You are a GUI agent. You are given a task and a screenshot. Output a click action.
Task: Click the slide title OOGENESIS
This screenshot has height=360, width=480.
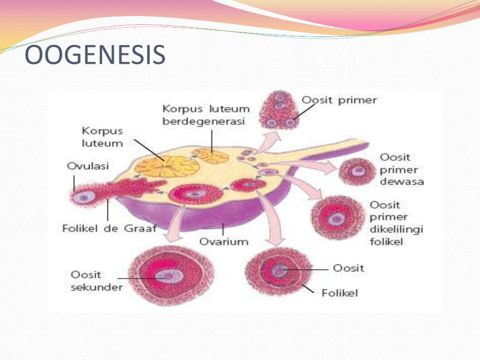[x=95, y=55]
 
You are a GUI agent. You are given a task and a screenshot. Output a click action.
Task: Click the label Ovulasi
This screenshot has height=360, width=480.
[x=88, y=166]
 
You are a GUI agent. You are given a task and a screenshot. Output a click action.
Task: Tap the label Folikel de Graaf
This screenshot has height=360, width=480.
[x=109, y=228]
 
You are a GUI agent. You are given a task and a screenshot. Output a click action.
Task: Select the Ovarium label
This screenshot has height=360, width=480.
[x=224, y=241]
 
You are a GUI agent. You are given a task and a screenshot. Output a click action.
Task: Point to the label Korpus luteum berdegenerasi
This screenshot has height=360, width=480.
[x=206, y=115]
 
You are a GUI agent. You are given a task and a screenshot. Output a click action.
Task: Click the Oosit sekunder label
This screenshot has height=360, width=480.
[x=97, y=281]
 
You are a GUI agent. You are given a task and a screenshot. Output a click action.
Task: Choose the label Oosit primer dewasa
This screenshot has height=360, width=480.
[x=402, y=169]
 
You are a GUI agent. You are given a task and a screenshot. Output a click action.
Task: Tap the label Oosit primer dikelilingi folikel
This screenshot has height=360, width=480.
[x=396, y=223]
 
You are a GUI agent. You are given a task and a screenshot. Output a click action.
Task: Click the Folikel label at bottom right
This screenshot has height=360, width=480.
[x=339, y=293]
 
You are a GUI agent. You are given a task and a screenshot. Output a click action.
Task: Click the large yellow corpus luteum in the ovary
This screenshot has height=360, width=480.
[x=167, y=166]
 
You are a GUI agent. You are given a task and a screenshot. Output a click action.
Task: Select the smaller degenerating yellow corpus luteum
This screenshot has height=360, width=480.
[x=210, y=156]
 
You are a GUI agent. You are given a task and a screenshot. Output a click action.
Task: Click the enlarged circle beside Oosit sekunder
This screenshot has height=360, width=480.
[x=171, y=276]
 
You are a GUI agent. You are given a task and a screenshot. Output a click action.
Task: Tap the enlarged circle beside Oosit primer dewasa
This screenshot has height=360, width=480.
[x=357, y=172]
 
